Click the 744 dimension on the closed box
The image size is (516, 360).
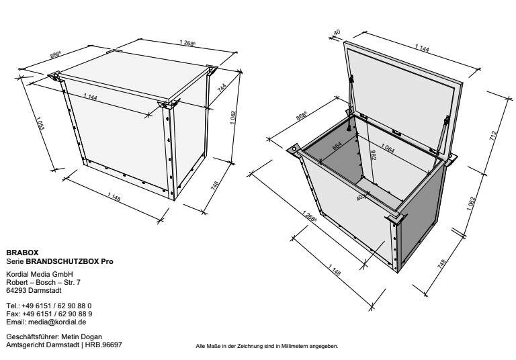[222, 87]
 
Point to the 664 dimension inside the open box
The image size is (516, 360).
[337, 146]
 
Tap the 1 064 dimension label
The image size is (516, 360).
[388, 148]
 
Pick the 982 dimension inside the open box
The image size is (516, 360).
[373, 155]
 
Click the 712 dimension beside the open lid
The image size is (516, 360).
[492, 136]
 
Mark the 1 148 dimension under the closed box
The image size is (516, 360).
[114, 197]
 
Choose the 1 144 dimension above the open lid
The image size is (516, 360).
[422, 48]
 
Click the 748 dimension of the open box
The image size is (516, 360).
[442, 264]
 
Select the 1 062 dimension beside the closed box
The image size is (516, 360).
[233, 118]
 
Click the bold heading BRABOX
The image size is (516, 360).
[22, 253]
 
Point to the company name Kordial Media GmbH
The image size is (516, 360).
[40, 274]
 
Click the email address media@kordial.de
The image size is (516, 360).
[57, 322]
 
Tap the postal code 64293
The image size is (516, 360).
[16, 290]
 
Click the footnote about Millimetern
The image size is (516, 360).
[267, 346]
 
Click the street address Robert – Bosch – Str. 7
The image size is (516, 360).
[43, 282]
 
